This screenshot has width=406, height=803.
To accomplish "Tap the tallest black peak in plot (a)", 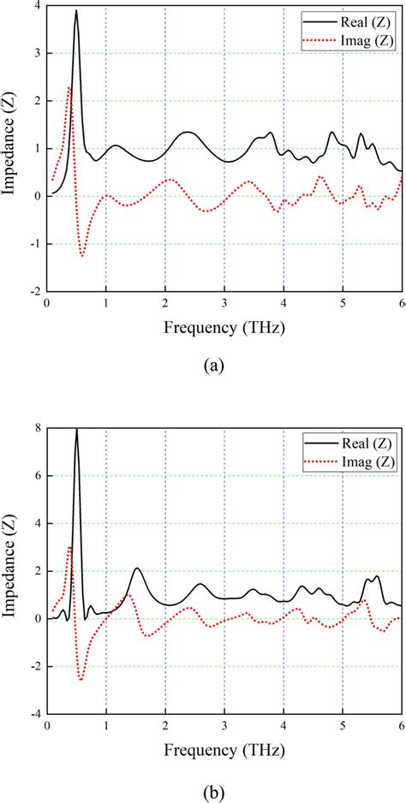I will coord(76,11).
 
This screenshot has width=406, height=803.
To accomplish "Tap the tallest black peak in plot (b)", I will coord(76,429).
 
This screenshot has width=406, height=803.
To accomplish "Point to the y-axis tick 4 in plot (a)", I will coord(38,6).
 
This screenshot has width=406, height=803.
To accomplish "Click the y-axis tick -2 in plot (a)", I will coord(34,292).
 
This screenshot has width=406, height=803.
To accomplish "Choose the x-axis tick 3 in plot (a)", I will coord(224,305).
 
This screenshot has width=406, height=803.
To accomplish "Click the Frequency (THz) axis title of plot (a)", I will coord(224,327).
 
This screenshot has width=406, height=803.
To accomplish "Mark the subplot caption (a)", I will coord(212,366).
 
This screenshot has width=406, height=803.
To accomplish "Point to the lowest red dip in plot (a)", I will coord(82,255).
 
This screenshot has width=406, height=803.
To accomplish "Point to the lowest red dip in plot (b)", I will coord(81,680).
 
